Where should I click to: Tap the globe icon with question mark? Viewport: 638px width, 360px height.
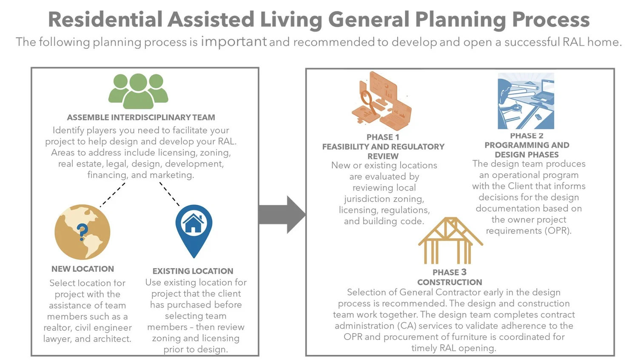[x=83, y=232]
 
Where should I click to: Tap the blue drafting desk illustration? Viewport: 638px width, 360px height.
[x=526, y=101]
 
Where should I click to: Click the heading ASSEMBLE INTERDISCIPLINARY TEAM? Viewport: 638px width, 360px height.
[x=141, y=117]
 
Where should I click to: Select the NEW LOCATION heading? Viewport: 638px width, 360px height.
[x=83, y=269]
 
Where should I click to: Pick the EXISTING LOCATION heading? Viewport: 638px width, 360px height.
[x=193, y=271]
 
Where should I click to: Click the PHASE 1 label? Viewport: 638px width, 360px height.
[x=383, y=137]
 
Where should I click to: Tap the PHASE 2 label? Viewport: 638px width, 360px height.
[x=527, y=136]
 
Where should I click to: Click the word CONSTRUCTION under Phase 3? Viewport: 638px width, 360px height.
[x=450, y=282]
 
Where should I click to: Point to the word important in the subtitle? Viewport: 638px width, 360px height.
[x=234, y=41]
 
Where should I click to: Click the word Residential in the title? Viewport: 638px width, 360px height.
[x=105, y=20]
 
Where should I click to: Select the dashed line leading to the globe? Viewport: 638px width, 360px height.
[x=113, y=195]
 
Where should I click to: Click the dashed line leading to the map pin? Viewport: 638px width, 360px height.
[x=170, y=194]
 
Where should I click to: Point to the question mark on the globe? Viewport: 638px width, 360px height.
[x=82, y=232]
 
